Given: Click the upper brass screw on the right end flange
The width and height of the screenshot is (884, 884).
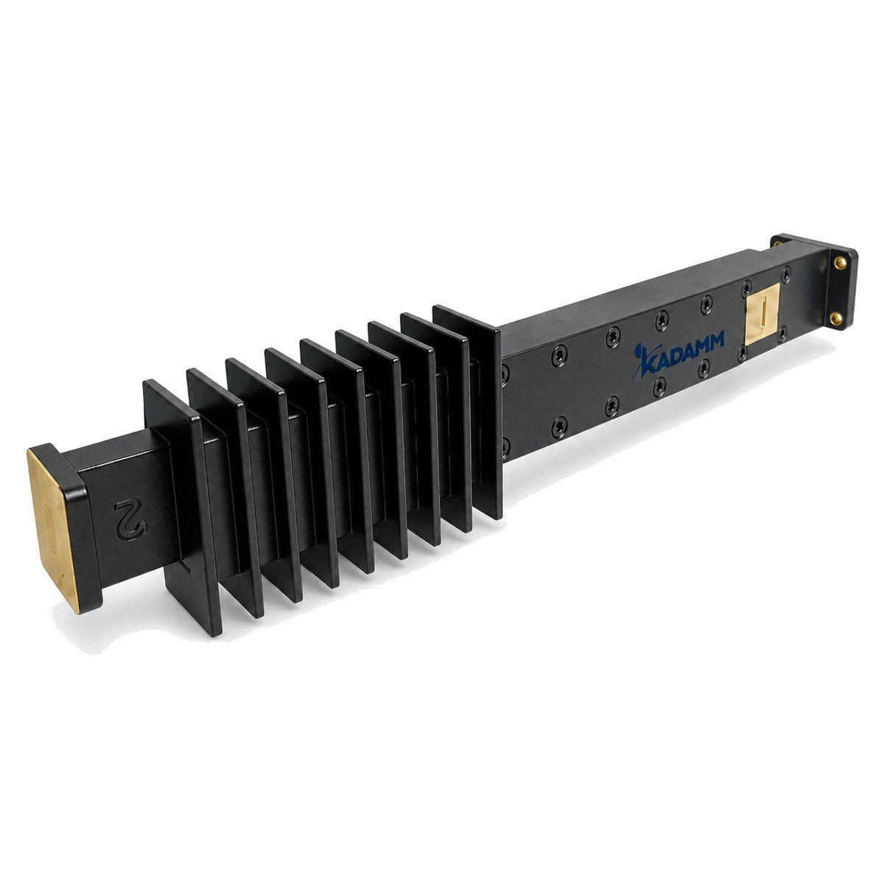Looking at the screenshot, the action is coord(841,263).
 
